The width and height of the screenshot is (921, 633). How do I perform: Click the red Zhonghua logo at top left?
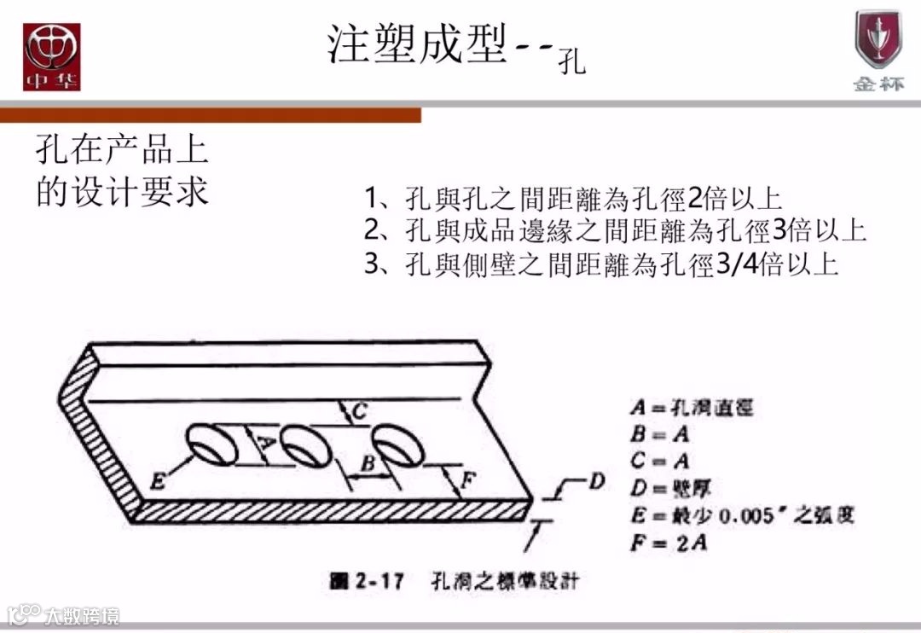coord(51,55)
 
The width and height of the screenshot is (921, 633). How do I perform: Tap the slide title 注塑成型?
coord(418,44)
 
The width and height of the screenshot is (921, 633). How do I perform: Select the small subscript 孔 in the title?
coord(573,62)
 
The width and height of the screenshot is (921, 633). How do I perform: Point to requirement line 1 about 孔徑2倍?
coord(573,200)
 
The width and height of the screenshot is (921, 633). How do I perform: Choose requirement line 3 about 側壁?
coord(601,264)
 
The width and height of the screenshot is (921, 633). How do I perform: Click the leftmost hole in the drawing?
coord(211,445)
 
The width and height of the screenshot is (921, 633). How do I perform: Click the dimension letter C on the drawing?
coord(360,411)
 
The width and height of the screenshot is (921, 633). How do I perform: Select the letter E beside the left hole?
coord(157,482)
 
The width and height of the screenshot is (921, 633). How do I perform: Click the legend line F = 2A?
coord(669,542)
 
